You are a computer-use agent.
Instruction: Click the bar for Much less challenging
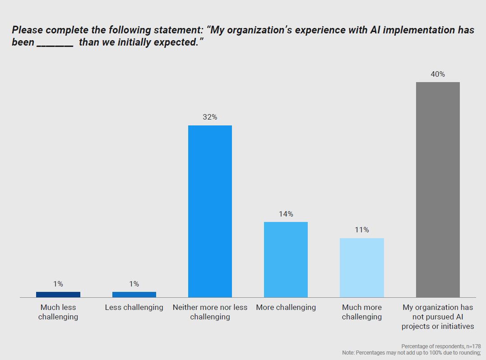point(58,295)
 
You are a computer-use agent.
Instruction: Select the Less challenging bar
point(134,295)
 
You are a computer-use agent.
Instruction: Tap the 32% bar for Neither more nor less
point(210,211)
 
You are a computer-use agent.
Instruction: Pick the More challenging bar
point(286,259)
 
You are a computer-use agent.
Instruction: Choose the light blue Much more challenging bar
point(361,268)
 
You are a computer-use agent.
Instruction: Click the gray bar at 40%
point(438,189)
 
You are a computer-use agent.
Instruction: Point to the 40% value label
point(438,74)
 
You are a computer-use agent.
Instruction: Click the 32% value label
point(210,117)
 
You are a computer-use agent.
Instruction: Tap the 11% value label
point(361,230)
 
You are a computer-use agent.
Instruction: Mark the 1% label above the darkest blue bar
point(58,284)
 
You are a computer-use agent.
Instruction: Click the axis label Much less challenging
point(58,312)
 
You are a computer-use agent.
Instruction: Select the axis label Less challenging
point(134,308)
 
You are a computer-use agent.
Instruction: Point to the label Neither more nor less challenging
point(210,312)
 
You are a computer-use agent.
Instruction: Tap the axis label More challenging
point(286,308)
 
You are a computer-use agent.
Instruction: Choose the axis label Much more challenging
point(361,312)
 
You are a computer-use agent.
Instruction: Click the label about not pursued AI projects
point(438,317)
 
